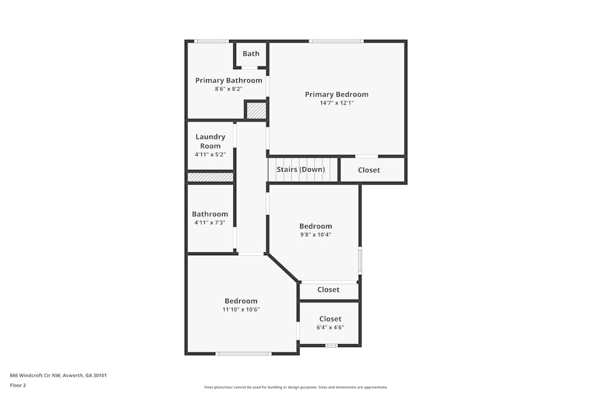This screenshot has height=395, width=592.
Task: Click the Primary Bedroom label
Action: point(336,94)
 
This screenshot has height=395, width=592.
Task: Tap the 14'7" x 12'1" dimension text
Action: point(336,103)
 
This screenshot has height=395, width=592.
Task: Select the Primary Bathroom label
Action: point(229,81)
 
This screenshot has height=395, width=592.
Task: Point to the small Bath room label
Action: point(251,54)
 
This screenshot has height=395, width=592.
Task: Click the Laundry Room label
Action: point(210,141)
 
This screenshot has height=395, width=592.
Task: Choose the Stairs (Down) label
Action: point(301,169)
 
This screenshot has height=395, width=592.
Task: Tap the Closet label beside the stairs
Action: point(369,170)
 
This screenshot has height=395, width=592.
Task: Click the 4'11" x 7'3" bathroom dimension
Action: point(210,223)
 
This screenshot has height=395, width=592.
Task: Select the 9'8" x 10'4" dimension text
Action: point(316,235)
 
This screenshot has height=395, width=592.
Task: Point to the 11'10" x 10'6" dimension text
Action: point(241,310)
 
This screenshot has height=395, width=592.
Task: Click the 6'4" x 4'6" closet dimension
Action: point(330,327)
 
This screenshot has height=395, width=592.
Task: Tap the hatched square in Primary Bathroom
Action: point(256,111)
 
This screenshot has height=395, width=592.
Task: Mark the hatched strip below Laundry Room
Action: point(210,177)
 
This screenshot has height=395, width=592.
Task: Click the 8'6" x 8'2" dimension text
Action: point(229,89)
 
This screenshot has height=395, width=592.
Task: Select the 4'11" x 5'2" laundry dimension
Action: point(210,155)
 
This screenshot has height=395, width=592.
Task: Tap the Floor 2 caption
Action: point(18,385)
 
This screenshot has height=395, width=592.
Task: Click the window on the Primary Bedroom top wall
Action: point(336,41)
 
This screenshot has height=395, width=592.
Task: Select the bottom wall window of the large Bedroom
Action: point(243,354)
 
